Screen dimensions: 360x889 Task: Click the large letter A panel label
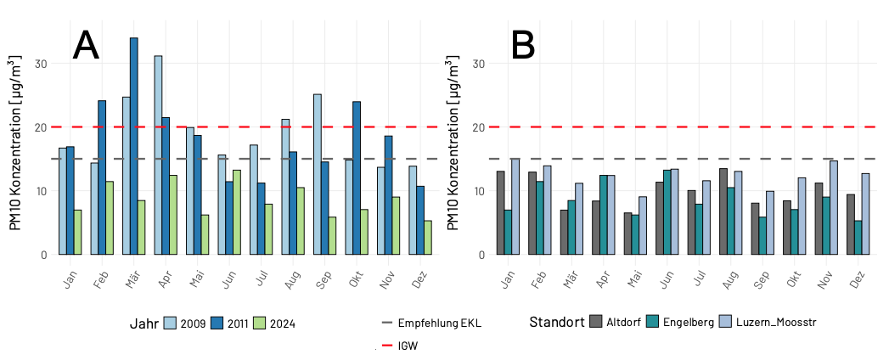(x=86, y=45)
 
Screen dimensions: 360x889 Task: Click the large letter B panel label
(x=523, y=45)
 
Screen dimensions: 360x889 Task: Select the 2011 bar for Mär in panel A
(x=133, y=146)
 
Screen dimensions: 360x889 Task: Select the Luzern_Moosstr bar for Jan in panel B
(x=515, y=206)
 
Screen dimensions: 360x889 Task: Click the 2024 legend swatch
(x=261, y=323)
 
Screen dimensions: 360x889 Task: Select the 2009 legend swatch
(x=170, y=323)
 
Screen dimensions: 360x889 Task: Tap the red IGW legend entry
(x=399, y=346)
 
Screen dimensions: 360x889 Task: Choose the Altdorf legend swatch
(x=596, y=322)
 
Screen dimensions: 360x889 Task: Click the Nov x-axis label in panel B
(x=823, y=277)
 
